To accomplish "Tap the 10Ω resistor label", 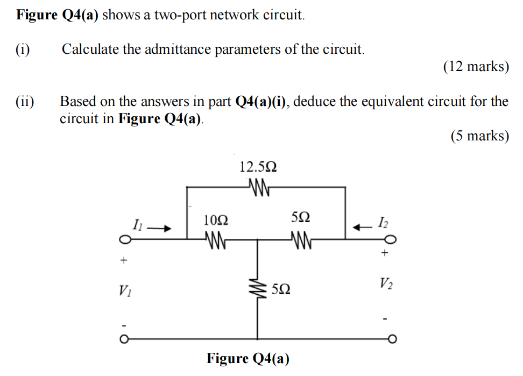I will click(x=216, y=219).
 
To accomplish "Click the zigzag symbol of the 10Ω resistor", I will click(x=216, y=238).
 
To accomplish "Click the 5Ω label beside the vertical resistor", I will click(x=281, y=289).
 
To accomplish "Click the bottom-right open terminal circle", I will click(x=392, y=339).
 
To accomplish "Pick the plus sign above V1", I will click(x=124, y=261).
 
